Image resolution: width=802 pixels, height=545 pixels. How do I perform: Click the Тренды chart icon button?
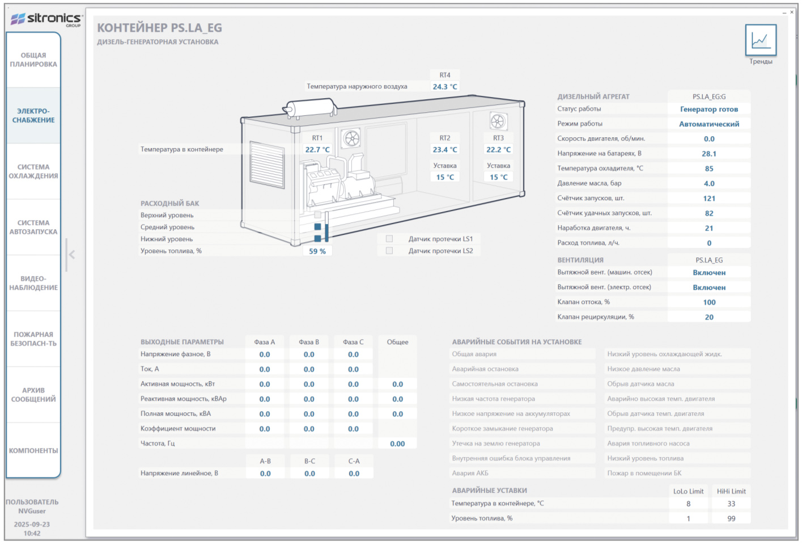761,40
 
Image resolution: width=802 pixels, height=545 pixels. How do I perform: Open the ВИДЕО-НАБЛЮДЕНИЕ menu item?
33,283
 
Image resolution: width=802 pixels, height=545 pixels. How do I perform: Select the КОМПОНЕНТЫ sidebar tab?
33,450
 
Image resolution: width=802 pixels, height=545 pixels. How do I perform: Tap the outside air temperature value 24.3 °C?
445,86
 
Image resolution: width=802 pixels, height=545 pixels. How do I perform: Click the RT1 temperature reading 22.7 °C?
317,149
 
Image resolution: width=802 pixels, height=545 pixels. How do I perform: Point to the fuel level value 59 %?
317,251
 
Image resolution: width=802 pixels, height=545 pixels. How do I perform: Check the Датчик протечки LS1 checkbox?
389,239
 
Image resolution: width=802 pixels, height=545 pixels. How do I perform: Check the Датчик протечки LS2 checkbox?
389,251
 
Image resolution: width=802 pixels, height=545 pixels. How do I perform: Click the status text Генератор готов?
709,109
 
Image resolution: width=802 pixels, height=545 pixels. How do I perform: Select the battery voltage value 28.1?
709,154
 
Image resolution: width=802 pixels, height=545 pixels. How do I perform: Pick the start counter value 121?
709,198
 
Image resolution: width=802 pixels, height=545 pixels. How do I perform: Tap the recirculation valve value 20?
709,317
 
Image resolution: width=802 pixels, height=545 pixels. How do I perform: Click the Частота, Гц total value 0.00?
397,443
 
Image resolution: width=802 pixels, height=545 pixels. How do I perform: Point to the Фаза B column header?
309,342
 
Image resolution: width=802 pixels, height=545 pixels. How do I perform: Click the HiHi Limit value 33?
731,504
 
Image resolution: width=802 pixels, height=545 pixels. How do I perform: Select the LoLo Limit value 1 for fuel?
688,518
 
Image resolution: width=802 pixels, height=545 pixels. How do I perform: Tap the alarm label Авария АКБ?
470,473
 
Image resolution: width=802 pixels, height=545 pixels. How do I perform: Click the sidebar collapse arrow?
72,255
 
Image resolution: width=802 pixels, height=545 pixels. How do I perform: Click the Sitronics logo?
46,19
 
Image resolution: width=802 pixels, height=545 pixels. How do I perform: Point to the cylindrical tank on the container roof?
310,108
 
